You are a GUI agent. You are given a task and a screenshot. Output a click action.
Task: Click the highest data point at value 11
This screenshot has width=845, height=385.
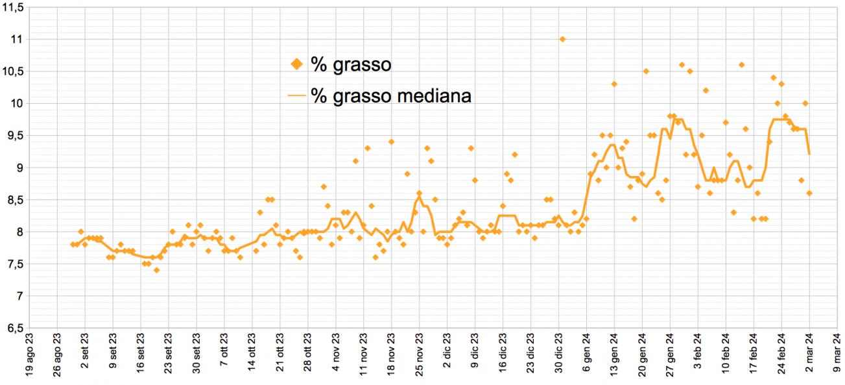pyautogui.click(x=562, y=40)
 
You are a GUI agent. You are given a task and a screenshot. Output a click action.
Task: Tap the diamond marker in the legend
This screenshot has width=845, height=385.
pyautogui.click(x=297, y=64)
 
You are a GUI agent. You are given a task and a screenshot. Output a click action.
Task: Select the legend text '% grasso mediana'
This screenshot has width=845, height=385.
pyautogui.click(x=391, y=95)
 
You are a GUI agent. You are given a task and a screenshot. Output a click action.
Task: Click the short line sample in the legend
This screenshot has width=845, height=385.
pyautogui.click(x=296, y=95)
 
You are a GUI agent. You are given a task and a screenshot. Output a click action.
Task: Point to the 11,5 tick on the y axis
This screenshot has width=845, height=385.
pyautogui.click(x=13, y=8)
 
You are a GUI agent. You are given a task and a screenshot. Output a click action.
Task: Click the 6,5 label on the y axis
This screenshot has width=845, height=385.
pyautogui.click(x=15, y=329)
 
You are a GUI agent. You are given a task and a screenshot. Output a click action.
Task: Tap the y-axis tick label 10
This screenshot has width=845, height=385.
pyautogui.click(x=16, y=103)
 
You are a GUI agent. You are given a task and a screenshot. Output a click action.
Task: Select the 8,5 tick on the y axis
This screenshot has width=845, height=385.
pyautogui.click(x=15, y=200)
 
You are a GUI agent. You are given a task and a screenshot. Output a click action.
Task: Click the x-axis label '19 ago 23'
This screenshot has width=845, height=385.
pyautogui.click(x=29, y=354)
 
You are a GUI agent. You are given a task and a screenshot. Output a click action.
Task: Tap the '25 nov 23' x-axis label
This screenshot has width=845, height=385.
pyautogui.click(x=419, y=354)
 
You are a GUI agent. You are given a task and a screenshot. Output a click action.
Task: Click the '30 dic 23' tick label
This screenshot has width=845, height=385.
pyautogui.click(x=558, y=353)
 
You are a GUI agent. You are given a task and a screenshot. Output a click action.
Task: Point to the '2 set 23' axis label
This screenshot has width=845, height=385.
pyautogui.click(x=85, y=351)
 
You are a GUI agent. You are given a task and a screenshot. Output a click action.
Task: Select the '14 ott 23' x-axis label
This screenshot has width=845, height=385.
pyautogui.click(x=252, y=352)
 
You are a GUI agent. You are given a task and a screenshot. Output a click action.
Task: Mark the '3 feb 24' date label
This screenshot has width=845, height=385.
pyautogui.click(x=698, y=351)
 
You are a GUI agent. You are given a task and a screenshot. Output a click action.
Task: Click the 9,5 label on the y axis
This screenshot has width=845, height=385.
pyautogui.click(x=15, y=136)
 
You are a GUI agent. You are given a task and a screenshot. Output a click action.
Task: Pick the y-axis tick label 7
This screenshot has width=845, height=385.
pyautogui.click(x=19, y=296)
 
